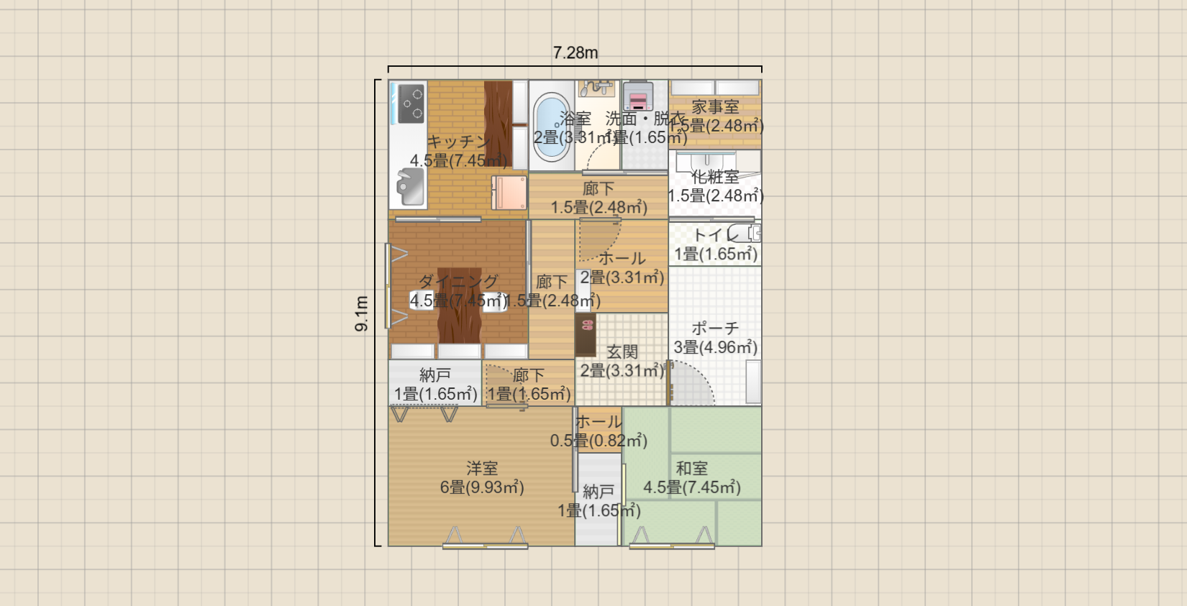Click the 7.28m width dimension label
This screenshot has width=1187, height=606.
point(575,52)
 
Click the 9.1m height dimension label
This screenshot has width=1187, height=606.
point(362,313)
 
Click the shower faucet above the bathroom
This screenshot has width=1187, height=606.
point(596,88)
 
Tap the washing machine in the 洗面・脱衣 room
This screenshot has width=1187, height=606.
point(638,96)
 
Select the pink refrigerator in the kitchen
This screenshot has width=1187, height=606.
point(509,193)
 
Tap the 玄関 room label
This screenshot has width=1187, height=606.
point(622,352)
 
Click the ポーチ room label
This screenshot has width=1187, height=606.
point(715,328)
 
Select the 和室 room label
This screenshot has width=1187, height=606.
point(691,469)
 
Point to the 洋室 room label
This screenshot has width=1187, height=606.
point(481,469)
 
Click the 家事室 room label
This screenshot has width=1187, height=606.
point(715,107)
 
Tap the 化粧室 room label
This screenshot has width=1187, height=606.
point(715,177)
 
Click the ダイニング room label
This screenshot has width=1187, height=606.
point(458,281)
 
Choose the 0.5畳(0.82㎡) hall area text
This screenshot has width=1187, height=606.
point(599,441)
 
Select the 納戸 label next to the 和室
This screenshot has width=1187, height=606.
point(599,492)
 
